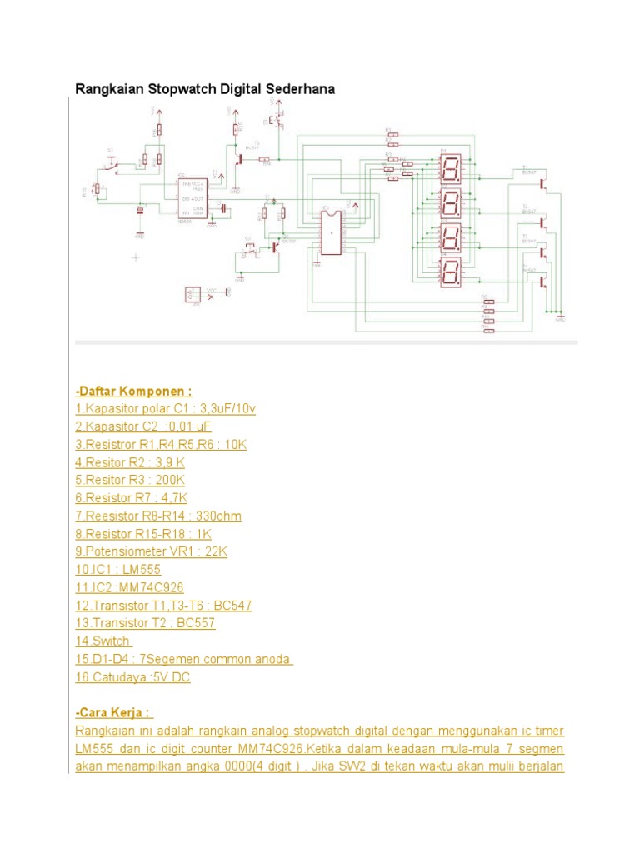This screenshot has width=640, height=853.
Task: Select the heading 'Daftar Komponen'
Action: tap(133, 391)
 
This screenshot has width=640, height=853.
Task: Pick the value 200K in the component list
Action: tap(166, 480)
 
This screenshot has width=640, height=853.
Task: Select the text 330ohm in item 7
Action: tap(216, 516)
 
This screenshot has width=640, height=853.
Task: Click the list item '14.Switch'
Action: tap(102, 641)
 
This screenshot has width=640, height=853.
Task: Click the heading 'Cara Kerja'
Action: tap(113, 712)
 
